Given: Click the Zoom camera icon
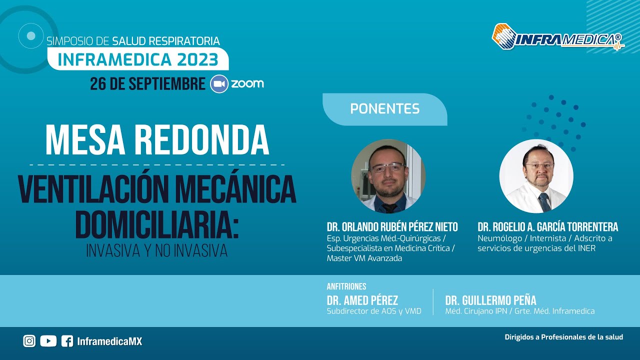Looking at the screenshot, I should click(219, 83).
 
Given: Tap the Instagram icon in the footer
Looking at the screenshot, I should click(29, 341).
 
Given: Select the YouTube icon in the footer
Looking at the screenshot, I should click(48, 341).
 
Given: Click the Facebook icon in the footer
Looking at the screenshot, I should click(67, 341).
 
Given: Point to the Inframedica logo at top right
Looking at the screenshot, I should click(557, 37).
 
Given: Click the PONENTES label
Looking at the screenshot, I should click(384, 108).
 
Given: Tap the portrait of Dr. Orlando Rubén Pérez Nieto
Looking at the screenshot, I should click(388, 176).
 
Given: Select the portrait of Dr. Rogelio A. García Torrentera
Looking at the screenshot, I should click(536, 176).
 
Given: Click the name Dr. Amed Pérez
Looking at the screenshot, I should click(362, 300).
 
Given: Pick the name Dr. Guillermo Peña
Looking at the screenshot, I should click(490, 300).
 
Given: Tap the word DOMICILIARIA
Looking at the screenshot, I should click(156, 225).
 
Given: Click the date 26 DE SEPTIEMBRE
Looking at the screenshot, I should click(147, 83).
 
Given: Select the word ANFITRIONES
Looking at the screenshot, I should click(346, 286).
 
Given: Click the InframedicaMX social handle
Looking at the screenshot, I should click(109, 341).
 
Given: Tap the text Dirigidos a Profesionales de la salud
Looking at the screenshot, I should click(564, 337).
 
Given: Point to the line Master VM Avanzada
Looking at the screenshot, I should click(364, 258).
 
